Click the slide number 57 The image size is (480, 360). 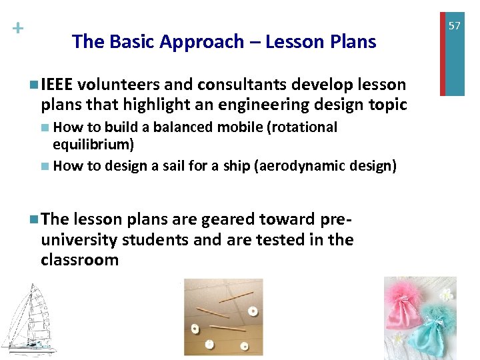(x=454, y=26)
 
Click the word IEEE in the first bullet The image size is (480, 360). (x=59, y=85)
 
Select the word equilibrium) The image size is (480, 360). (x=93, y=144)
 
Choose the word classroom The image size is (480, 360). (x=79, y=259)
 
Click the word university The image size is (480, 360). (x=79, y=239)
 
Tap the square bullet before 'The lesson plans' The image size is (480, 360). (x=34, y=219)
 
